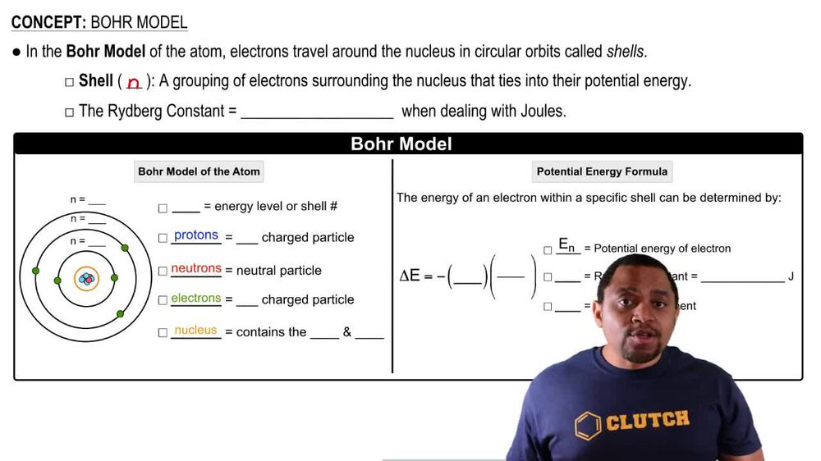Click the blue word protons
click(196, 235)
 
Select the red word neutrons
click(196, 268)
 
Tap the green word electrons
click(196, 299)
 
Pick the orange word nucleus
click(195, 331)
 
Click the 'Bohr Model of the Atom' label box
click(199, 171)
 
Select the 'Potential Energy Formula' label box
click(602, 171)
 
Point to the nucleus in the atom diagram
click(86, 279)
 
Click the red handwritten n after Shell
click(134, 83)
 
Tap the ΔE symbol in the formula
click(410, 276)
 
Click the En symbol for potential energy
click(567, 244)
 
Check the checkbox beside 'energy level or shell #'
click(163, 208)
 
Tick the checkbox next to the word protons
click(163, 239)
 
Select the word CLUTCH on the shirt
click(647, 422)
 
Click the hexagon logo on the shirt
click(587, 426)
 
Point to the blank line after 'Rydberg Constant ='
click(317, 112)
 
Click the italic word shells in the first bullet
click(626, 52)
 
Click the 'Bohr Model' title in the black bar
click(401, 144)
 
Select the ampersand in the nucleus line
click(347, 332)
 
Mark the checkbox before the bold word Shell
click(69, 82)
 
